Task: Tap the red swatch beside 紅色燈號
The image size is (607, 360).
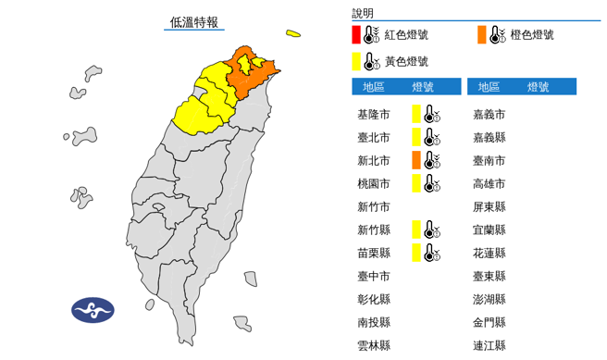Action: click(355, 35)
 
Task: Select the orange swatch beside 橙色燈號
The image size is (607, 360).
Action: click(482, 35)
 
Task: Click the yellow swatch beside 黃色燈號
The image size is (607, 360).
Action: click(355, 61)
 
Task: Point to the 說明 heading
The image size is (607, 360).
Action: click(364, 13)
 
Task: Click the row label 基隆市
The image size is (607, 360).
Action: click(373, 114)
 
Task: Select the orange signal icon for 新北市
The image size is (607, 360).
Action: click(424, 160)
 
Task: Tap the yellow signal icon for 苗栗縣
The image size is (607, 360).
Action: click(424, 253)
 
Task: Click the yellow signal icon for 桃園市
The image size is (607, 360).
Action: click(424, 183)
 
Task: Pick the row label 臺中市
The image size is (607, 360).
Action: click(373, 276)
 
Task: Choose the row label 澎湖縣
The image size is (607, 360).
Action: click(489, 299)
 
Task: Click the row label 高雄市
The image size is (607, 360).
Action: click(489, 183)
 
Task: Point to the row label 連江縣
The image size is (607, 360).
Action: click(489, 345)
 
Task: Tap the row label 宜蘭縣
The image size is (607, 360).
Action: click(489, 230)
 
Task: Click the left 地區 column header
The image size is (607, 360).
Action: click(374, 87)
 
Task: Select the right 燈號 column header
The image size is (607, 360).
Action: click(539, 87)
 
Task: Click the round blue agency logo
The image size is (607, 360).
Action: click(93, 310)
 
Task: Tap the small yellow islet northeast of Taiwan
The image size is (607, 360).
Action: click(293, 35)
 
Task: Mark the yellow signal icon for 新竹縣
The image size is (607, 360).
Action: click(424, 230)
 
